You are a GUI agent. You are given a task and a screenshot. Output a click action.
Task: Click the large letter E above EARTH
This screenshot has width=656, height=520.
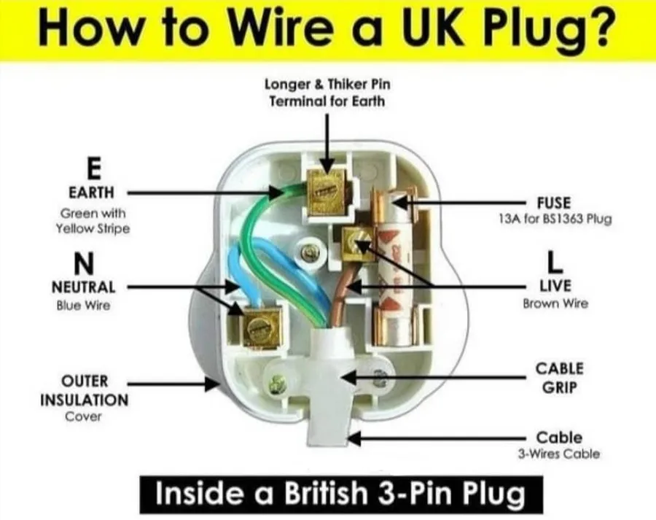pos(94,168)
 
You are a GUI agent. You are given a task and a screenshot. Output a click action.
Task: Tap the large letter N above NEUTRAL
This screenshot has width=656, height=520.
pos(84,263)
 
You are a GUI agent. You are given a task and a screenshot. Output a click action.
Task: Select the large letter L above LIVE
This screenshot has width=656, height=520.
pos(555,263)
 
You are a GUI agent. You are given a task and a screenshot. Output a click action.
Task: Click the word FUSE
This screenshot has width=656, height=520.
pos(554,203)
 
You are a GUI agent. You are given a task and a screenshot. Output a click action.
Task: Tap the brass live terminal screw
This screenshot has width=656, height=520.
pos(359,244)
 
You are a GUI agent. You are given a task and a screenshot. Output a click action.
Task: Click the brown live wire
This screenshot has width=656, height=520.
pos(343,294)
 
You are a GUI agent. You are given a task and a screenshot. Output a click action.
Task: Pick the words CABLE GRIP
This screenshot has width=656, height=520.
pos(559,378)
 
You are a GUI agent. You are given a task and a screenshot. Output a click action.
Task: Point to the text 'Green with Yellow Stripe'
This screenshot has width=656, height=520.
pos(93,221)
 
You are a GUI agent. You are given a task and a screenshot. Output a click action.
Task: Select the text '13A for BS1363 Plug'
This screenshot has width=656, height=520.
pos(555,219)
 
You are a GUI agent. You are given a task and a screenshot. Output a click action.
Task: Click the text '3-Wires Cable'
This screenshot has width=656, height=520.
pos(559,454)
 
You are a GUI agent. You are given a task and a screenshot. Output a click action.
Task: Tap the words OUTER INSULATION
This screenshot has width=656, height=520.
pos(85,391)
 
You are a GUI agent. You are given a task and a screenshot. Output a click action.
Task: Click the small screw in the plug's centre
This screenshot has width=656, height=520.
pos(309,252)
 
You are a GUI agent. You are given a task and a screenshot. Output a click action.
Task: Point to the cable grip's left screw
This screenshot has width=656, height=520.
pos(277,384)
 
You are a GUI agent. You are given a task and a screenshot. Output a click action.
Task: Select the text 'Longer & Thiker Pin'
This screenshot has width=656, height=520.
pos(327,85)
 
